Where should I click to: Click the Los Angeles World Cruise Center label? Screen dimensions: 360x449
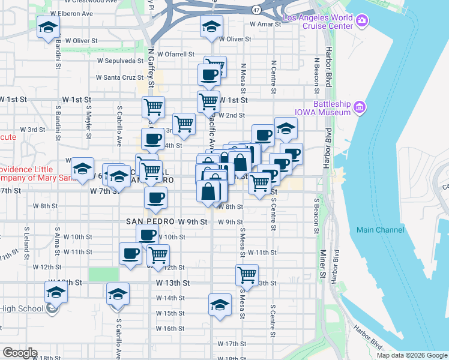[317, 22]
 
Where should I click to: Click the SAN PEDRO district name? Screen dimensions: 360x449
[150, 221]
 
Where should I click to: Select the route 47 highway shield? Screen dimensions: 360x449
[256, 10]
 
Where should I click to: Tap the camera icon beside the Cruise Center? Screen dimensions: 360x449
[361, 22]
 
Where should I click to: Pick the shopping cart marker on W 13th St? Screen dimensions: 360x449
[247, 275]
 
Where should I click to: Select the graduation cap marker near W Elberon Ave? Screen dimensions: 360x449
[48, 27]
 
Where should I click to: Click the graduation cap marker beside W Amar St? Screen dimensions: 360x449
[211, 27]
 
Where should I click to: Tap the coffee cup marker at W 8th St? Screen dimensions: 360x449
[156, 198]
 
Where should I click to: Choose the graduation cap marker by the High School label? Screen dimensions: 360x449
[56, 293]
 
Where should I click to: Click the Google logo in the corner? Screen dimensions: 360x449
[20, 353]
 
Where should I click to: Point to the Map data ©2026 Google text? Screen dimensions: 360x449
[412, 355]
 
